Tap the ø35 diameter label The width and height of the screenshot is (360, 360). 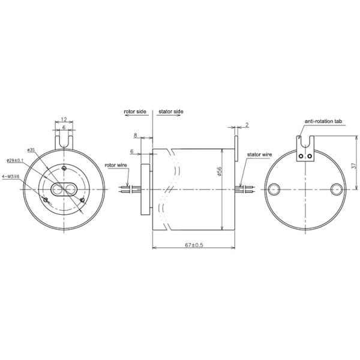[x=32, y=149]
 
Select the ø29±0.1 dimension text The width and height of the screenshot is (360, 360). [x=16, y=160]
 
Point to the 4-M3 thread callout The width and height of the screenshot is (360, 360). [x=12, y=176]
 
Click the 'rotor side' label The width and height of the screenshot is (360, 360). [x=136, y=112]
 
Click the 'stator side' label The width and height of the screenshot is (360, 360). [x=171, y=112]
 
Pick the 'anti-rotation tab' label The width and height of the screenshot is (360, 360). [x=323, y=121]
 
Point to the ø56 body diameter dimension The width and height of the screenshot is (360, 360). [x=220, y=172]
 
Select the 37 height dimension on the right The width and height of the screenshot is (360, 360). [x=353, y=161]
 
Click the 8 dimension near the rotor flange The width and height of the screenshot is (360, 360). [x=136, y=137]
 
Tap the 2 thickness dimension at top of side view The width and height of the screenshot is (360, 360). [x=247, y=125]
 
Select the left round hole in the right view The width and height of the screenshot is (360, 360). [x=275, y=189]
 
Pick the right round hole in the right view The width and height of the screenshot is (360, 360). [x=337, y=189]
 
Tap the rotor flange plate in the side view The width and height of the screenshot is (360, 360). [x=143, y=189]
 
